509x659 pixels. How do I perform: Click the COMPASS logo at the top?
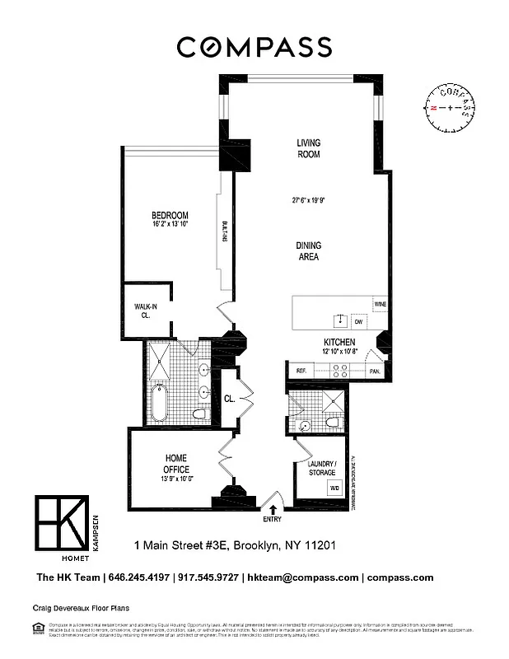coord(254,47)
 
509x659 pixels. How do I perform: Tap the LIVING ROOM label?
coord(309,148)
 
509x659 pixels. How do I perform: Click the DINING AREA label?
coord(309,251)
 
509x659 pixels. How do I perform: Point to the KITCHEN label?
coord(339,342)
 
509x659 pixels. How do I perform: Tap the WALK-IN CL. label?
coord(146,310)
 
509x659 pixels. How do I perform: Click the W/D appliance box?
coord(334,487)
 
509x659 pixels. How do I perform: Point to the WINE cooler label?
coord(380,304)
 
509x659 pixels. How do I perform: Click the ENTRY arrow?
coord(272,510)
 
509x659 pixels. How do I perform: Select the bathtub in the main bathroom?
coord(160,403)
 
